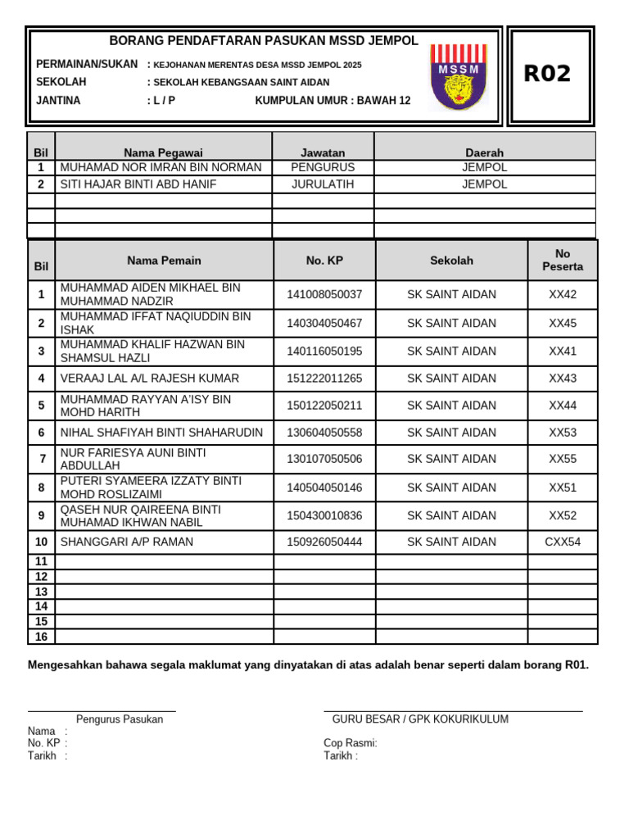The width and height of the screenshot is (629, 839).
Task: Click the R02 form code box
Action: [x=548, y=75]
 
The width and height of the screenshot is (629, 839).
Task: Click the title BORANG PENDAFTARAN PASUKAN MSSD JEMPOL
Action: [x=264, y=41]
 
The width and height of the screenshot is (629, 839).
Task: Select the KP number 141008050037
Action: [x=324, y=295]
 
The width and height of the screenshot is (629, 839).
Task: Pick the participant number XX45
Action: [x=563, y=324]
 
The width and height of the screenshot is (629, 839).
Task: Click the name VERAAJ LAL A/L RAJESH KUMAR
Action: [x=150, y=379]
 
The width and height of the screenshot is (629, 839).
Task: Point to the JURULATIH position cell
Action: [x=323, y=184]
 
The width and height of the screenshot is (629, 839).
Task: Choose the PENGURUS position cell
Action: [x=323, y=167]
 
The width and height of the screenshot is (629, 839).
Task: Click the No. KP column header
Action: [x=324, y=261]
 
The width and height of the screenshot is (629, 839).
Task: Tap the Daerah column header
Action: [x=484, y=152]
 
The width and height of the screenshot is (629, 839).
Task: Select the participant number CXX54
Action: [x=563, y=542]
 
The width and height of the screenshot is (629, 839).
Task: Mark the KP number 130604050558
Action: [x=324, y=433]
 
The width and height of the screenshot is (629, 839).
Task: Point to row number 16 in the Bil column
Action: [x=42, y=637]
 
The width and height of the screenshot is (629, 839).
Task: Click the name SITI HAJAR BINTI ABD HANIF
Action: [x=138, y=184]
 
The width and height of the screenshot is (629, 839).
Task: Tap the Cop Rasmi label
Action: [x=351, y=743]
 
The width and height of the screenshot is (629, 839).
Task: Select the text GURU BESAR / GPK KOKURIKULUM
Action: [x=420, y=719]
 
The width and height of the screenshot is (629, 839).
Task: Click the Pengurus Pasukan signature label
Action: [x=120, y=719]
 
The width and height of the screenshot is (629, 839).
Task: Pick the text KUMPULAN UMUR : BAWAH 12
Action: [x=333, y=101]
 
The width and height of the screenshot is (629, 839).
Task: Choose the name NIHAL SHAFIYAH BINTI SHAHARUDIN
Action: [x=162, y=433]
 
